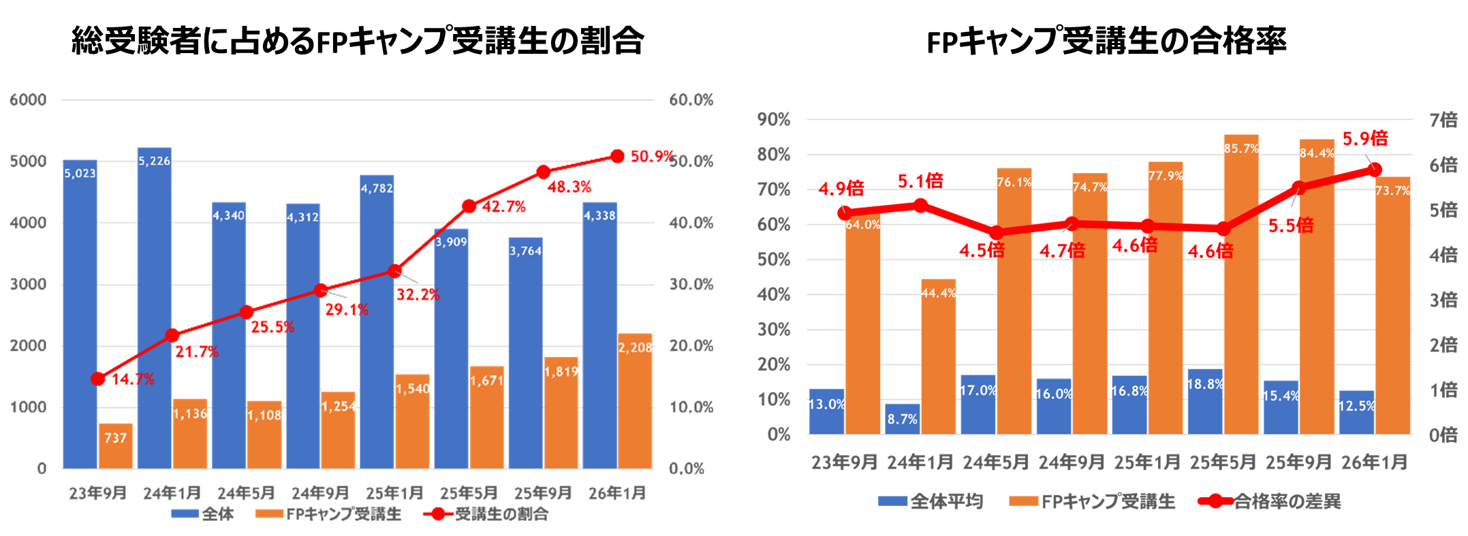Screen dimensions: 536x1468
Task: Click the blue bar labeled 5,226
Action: [154, 306]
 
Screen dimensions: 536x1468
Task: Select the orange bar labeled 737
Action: [116, 446]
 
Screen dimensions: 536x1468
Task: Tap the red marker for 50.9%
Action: [617, 156]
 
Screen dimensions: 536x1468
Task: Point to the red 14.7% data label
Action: [133, 379]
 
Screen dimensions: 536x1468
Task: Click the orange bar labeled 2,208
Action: [635, 402]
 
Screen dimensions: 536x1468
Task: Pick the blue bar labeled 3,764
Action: [525, 354]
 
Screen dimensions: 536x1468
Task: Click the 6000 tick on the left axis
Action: [28, 100]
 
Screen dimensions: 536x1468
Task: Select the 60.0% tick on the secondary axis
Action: [691, 100]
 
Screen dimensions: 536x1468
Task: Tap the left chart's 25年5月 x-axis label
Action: [469, 492]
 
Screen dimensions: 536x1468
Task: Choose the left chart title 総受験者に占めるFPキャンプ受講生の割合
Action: [358, 41]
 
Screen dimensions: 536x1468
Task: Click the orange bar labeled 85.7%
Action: [1240, 286]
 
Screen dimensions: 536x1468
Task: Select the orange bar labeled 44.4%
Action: [938, 358]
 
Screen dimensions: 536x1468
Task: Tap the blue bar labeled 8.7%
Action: [902, 419]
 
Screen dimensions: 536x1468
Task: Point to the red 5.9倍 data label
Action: [1364, 139]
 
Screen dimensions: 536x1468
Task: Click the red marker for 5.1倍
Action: [920, 205]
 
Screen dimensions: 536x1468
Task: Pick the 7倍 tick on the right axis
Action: [1443, 120]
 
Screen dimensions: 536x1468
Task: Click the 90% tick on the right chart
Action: [774, 120]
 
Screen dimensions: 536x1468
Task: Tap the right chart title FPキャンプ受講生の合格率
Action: [1106, 41]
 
